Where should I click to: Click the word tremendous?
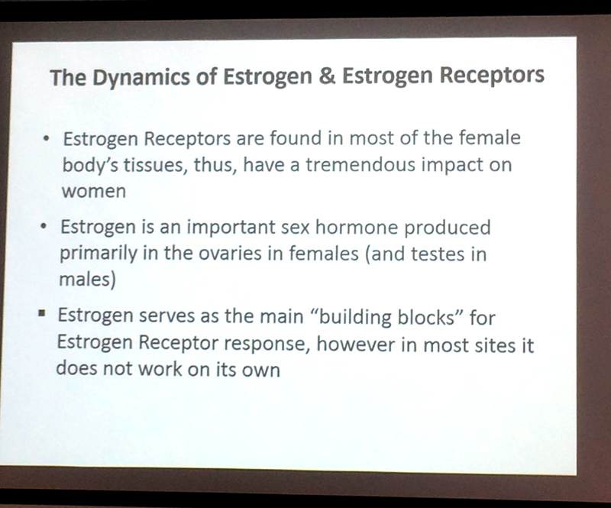(x=360, y=164)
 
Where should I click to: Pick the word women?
(x=93, y=191)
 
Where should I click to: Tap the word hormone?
(x=356, y=227)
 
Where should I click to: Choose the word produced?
(x=447, y=228)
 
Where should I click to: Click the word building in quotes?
(x=352, y=317)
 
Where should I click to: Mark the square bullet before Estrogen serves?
(x=42, y=312)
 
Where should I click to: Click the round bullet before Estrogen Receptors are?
(x=47, y=138)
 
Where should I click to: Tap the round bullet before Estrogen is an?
(x=44, y=227)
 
